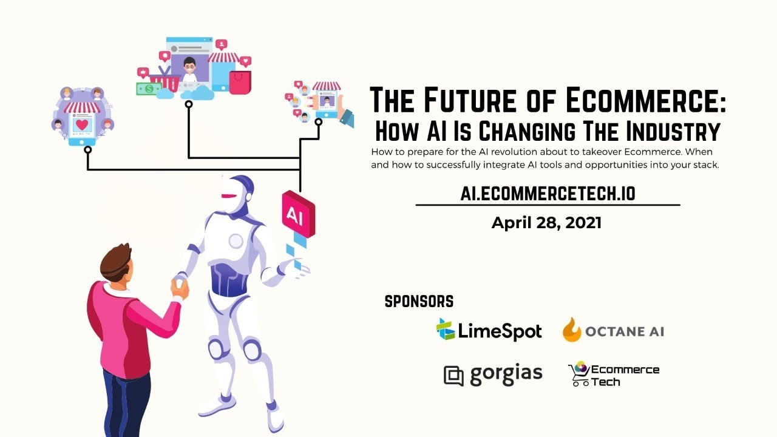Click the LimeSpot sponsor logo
pyautogui.click(x=489, y=331)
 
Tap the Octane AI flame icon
pyautogui.click(x=572, y=331)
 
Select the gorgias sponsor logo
pyautogui.click(x=493, y=374)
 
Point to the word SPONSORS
pyautogui.click(x=419, y=301)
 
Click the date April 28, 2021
pyautogui.click(x=546, y=223)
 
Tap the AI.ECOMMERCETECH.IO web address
pyautogui.click(x=548, y=194)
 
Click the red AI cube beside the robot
pyautogui.click(x=297, y=214)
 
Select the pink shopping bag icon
pyautogui.click(x=240, y=81)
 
